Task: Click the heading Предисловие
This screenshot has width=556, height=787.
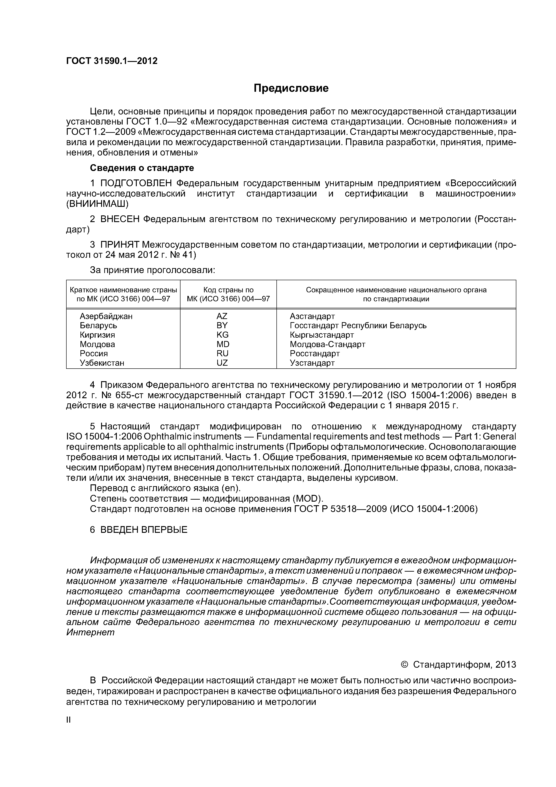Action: coord(291,88)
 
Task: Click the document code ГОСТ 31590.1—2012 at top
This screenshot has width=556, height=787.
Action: coord(112,61)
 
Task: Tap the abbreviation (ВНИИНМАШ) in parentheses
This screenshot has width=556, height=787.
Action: coord(97,204)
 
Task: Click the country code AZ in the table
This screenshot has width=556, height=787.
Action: coord(222,316)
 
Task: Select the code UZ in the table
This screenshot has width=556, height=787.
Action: coord(222,363)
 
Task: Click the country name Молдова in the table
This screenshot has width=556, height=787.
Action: coord(97,344)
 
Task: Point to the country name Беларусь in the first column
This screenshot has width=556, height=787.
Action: coord(98,325)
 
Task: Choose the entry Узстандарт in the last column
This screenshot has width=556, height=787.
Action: coord(312,363)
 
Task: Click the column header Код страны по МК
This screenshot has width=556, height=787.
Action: coord(228,294)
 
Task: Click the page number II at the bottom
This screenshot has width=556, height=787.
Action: coord(68,720)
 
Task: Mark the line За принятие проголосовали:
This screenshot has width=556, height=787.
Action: coord(152,270)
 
